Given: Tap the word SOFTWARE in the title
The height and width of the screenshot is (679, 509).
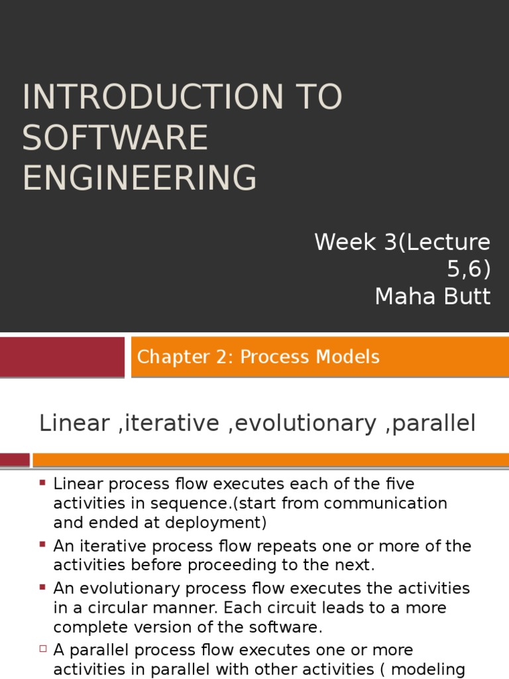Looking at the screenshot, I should click(115, 138).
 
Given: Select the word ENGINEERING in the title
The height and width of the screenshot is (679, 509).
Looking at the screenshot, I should click(139, 178).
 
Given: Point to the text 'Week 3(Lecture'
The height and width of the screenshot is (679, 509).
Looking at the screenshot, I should click(402, 242).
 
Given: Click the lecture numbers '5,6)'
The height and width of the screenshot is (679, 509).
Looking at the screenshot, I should click(467, 269).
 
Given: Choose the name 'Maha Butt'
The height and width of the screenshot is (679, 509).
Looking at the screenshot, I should click(432, 296).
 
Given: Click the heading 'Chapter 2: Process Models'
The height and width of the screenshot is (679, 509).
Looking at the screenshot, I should click(258, 357).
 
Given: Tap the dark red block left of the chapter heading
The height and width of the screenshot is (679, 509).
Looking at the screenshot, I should click(62, 357).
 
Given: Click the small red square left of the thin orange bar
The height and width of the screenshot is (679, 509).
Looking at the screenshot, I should click(15, 460).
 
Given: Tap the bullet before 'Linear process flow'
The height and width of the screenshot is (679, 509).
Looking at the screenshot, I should click(43, 482).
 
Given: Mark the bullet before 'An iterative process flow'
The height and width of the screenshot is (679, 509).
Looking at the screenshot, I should click(43, 544).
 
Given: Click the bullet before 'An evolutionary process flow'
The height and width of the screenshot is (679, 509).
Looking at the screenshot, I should click(43, 586).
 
